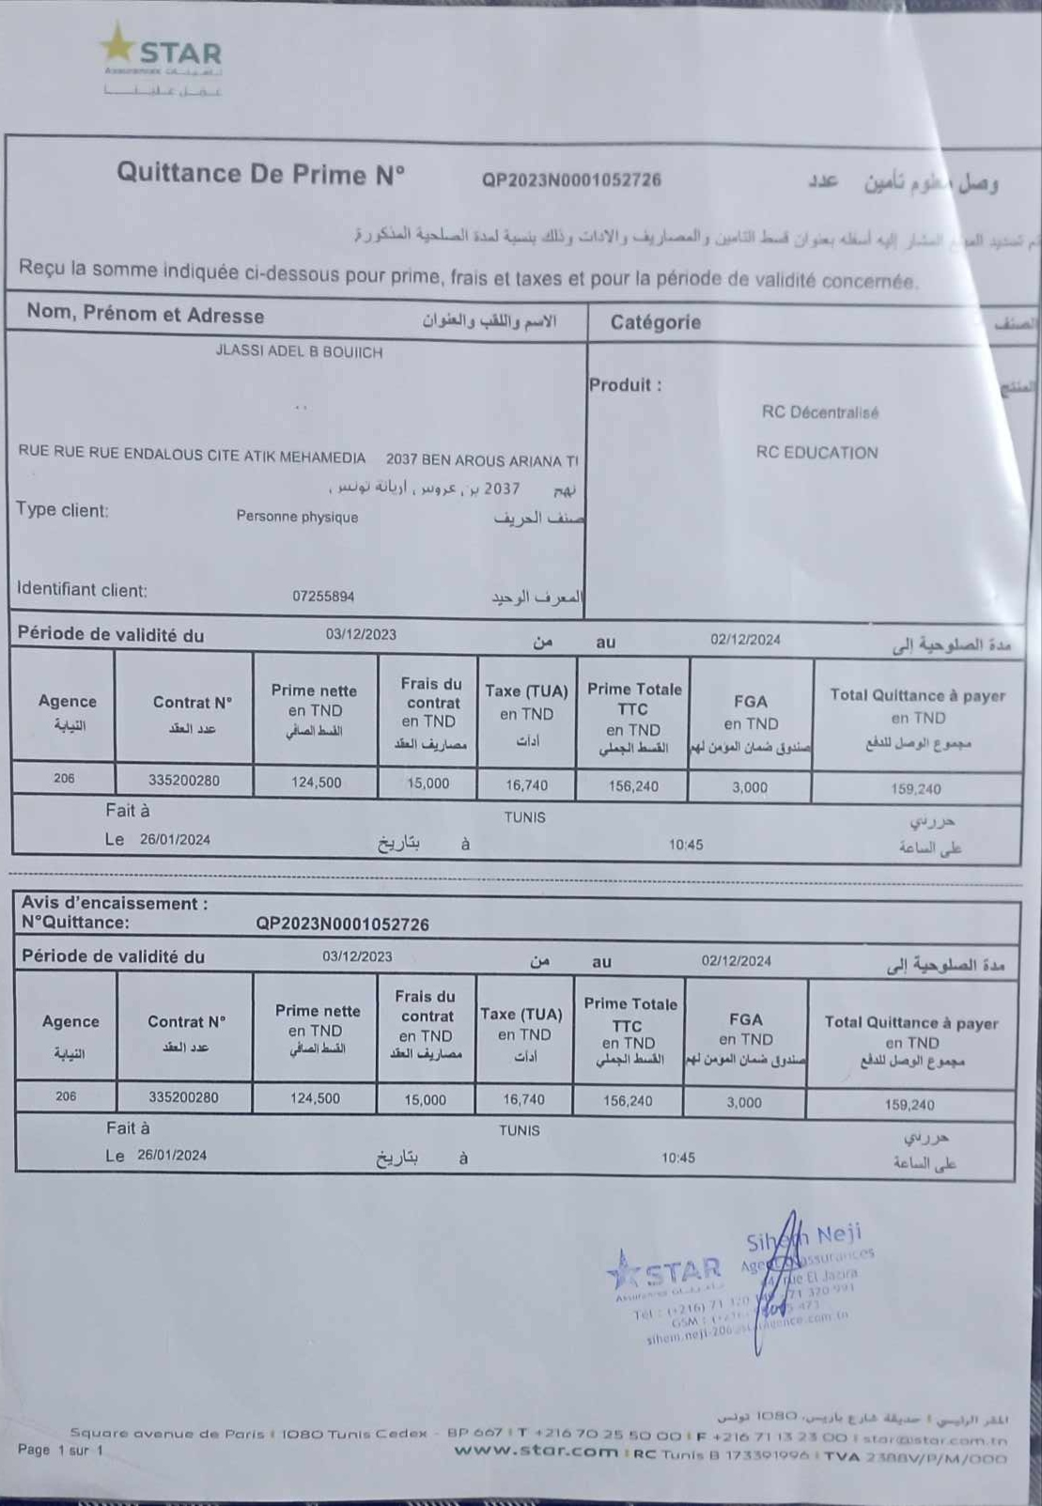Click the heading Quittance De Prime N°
(x=260, y=174)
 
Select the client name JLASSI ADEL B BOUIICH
(x=299, y=352)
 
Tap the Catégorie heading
(x=655, y=322)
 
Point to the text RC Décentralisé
(x=819, y=412)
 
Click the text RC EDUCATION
(x=816, y=453)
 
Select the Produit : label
(x=625, y=385)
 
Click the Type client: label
(x=62, y=510)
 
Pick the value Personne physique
(x=297, y=517)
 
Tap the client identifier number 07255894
(x=322, y=597)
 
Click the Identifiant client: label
(x=82, y=590)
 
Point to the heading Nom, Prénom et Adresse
(x=145, y=314)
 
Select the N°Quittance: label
(x=75, y=923)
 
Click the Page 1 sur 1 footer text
(x=60, y=1451)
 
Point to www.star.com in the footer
(x=536, y=1452)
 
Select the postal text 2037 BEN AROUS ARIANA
(x=481, y=460)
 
